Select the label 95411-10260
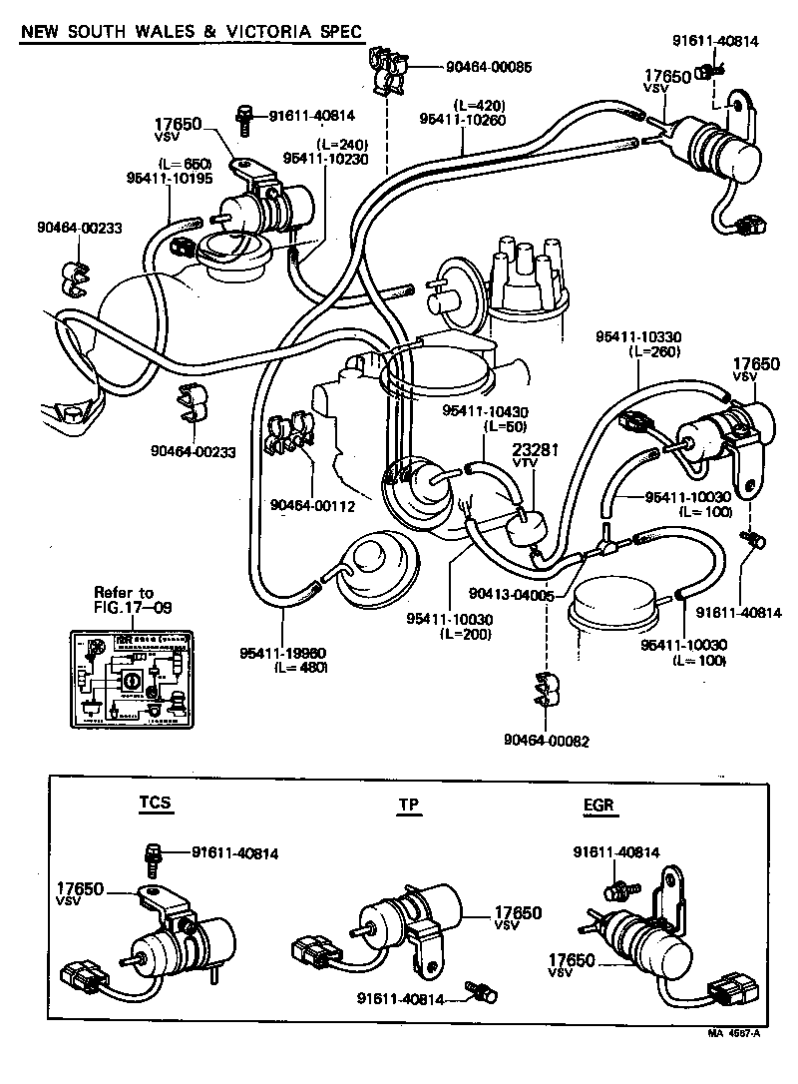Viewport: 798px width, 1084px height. [465, 118]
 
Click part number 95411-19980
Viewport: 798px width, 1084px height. [282, 654]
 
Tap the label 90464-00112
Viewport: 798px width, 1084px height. [312, 504]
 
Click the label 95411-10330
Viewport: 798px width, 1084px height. [639, 336]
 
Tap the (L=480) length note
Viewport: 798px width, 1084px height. [299, 668]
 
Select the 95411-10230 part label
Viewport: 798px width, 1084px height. [325, 157]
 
